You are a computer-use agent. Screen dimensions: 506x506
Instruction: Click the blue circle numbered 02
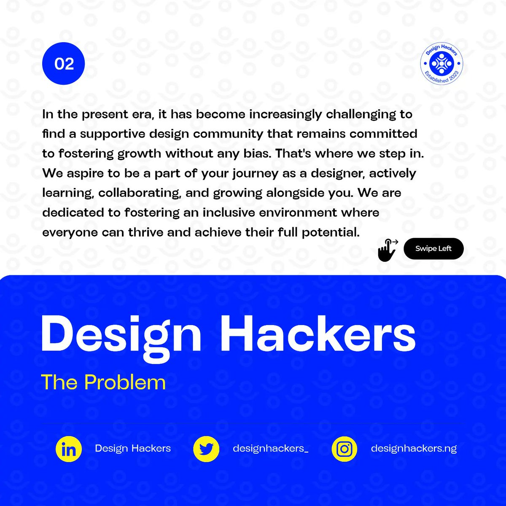click(64, 64)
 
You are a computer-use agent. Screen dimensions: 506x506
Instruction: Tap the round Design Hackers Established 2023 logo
click(441, 64)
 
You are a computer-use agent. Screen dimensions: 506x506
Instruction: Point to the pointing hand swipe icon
click(388, 250)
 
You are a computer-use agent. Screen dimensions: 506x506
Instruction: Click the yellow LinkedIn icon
click(68, 449)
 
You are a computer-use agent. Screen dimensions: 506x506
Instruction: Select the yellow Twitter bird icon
click(206, 449)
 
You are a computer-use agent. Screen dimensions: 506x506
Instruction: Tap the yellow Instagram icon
click(345, 449)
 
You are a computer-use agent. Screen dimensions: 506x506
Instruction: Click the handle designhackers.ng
click(414, 448)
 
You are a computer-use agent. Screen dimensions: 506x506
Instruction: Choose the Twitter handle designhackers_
click(270, 448)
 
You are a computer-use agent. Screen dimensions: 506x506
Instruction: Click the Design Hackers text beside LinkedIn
click(133, 448)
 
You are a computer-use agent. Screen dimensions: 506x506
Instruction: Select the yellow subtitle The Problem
click(103, 382)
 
